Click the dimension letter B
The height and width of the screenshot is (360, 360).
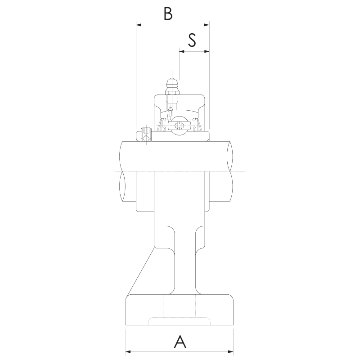168,13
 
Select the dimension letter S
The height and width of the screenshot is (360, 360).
192,40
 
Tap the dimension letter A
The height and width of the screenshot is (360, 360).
180,342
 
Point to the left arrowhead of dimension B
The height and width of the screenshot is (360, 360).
139,25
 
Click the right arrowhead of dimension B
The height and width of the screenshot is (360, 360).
207,25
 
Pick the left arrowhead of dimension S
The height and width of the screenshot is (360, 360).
182,51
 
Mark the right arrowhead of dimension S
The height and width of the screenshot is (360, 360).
207,51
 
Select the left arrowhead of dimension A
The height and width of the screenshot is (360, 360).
128,351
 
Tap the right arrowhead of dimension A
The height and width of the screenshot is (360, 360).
231,351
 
